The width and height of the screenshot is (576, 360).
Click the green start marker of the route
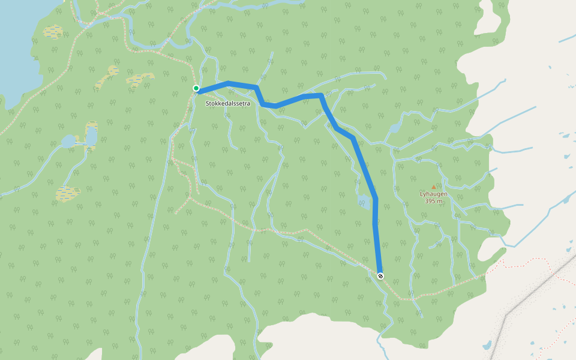[196, 88]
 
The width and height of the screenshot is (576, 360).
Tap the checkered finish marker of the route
[380, 275]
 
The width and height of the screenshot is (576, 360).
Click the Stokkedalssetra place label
[227, 104]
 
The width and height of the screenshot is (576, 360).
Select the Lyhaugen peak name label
[433, 194]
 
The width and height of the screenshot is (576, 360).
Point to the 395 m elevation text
[433, 202]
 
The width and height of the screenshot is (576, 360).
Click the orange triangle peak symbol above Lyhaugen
[434, 187]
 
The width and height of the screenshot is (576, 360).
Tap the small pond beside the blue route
[364, 201]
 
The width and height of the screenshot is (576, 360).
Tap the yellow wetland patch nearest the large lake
[53, 31]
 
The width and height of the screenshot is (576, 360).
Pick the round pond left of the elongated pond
[68, 142]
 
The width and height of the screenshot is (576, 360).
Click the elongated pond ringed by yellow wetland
[91, 137]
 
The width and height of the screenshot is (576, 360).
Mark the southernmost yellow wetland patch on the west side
[67, 193]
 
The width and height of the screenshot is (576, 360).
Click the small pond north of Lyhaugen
[394, 128]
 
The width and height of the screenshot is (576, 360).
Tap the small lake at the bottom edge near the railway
[487, 346]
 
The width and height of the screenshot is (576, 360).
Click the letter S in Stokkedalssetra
[208, 104]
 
